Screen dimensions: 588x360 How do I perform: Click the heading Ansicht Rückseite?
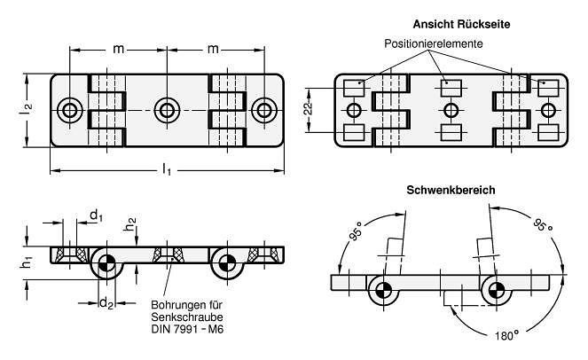461,24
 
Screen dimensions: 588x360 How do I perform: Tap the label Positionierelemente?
434,43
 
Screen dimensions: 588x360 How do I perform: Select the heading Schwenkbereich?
451,190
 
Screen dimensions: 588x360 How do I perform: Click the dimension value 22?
308,109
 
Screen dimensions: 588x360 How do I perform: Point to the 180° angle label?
507,336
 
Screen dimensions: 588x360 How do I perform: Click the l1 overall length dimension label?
168,170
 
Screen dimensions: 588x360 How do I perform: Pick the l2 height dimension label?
27,109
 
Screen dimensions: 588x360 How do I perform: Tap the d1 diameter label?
96,215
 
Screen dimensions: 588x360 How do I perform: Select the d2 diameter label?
106,303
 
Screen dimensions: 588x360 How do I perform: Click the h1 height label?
27,261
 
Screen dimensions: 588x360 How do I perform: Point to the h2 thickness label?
130,224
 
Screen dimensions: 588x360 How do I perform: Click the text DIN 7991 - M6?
187,329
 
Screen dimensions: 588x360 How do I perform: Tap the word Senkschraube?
187,317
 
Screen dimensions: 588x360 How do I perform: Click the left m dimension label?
119,49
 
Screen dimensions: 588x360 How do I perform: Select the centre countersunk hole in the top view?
167,110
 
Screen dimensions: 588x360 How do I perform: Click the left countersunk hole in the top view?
70,110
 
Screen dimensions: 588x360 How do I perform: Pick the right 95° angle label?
542,226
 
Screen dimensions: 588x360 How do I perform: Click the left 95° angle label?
357,231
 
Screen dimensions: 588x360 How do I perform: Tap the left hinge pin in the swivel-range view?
384,290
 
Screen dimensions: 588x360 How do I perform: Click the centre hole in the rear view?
450,111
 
